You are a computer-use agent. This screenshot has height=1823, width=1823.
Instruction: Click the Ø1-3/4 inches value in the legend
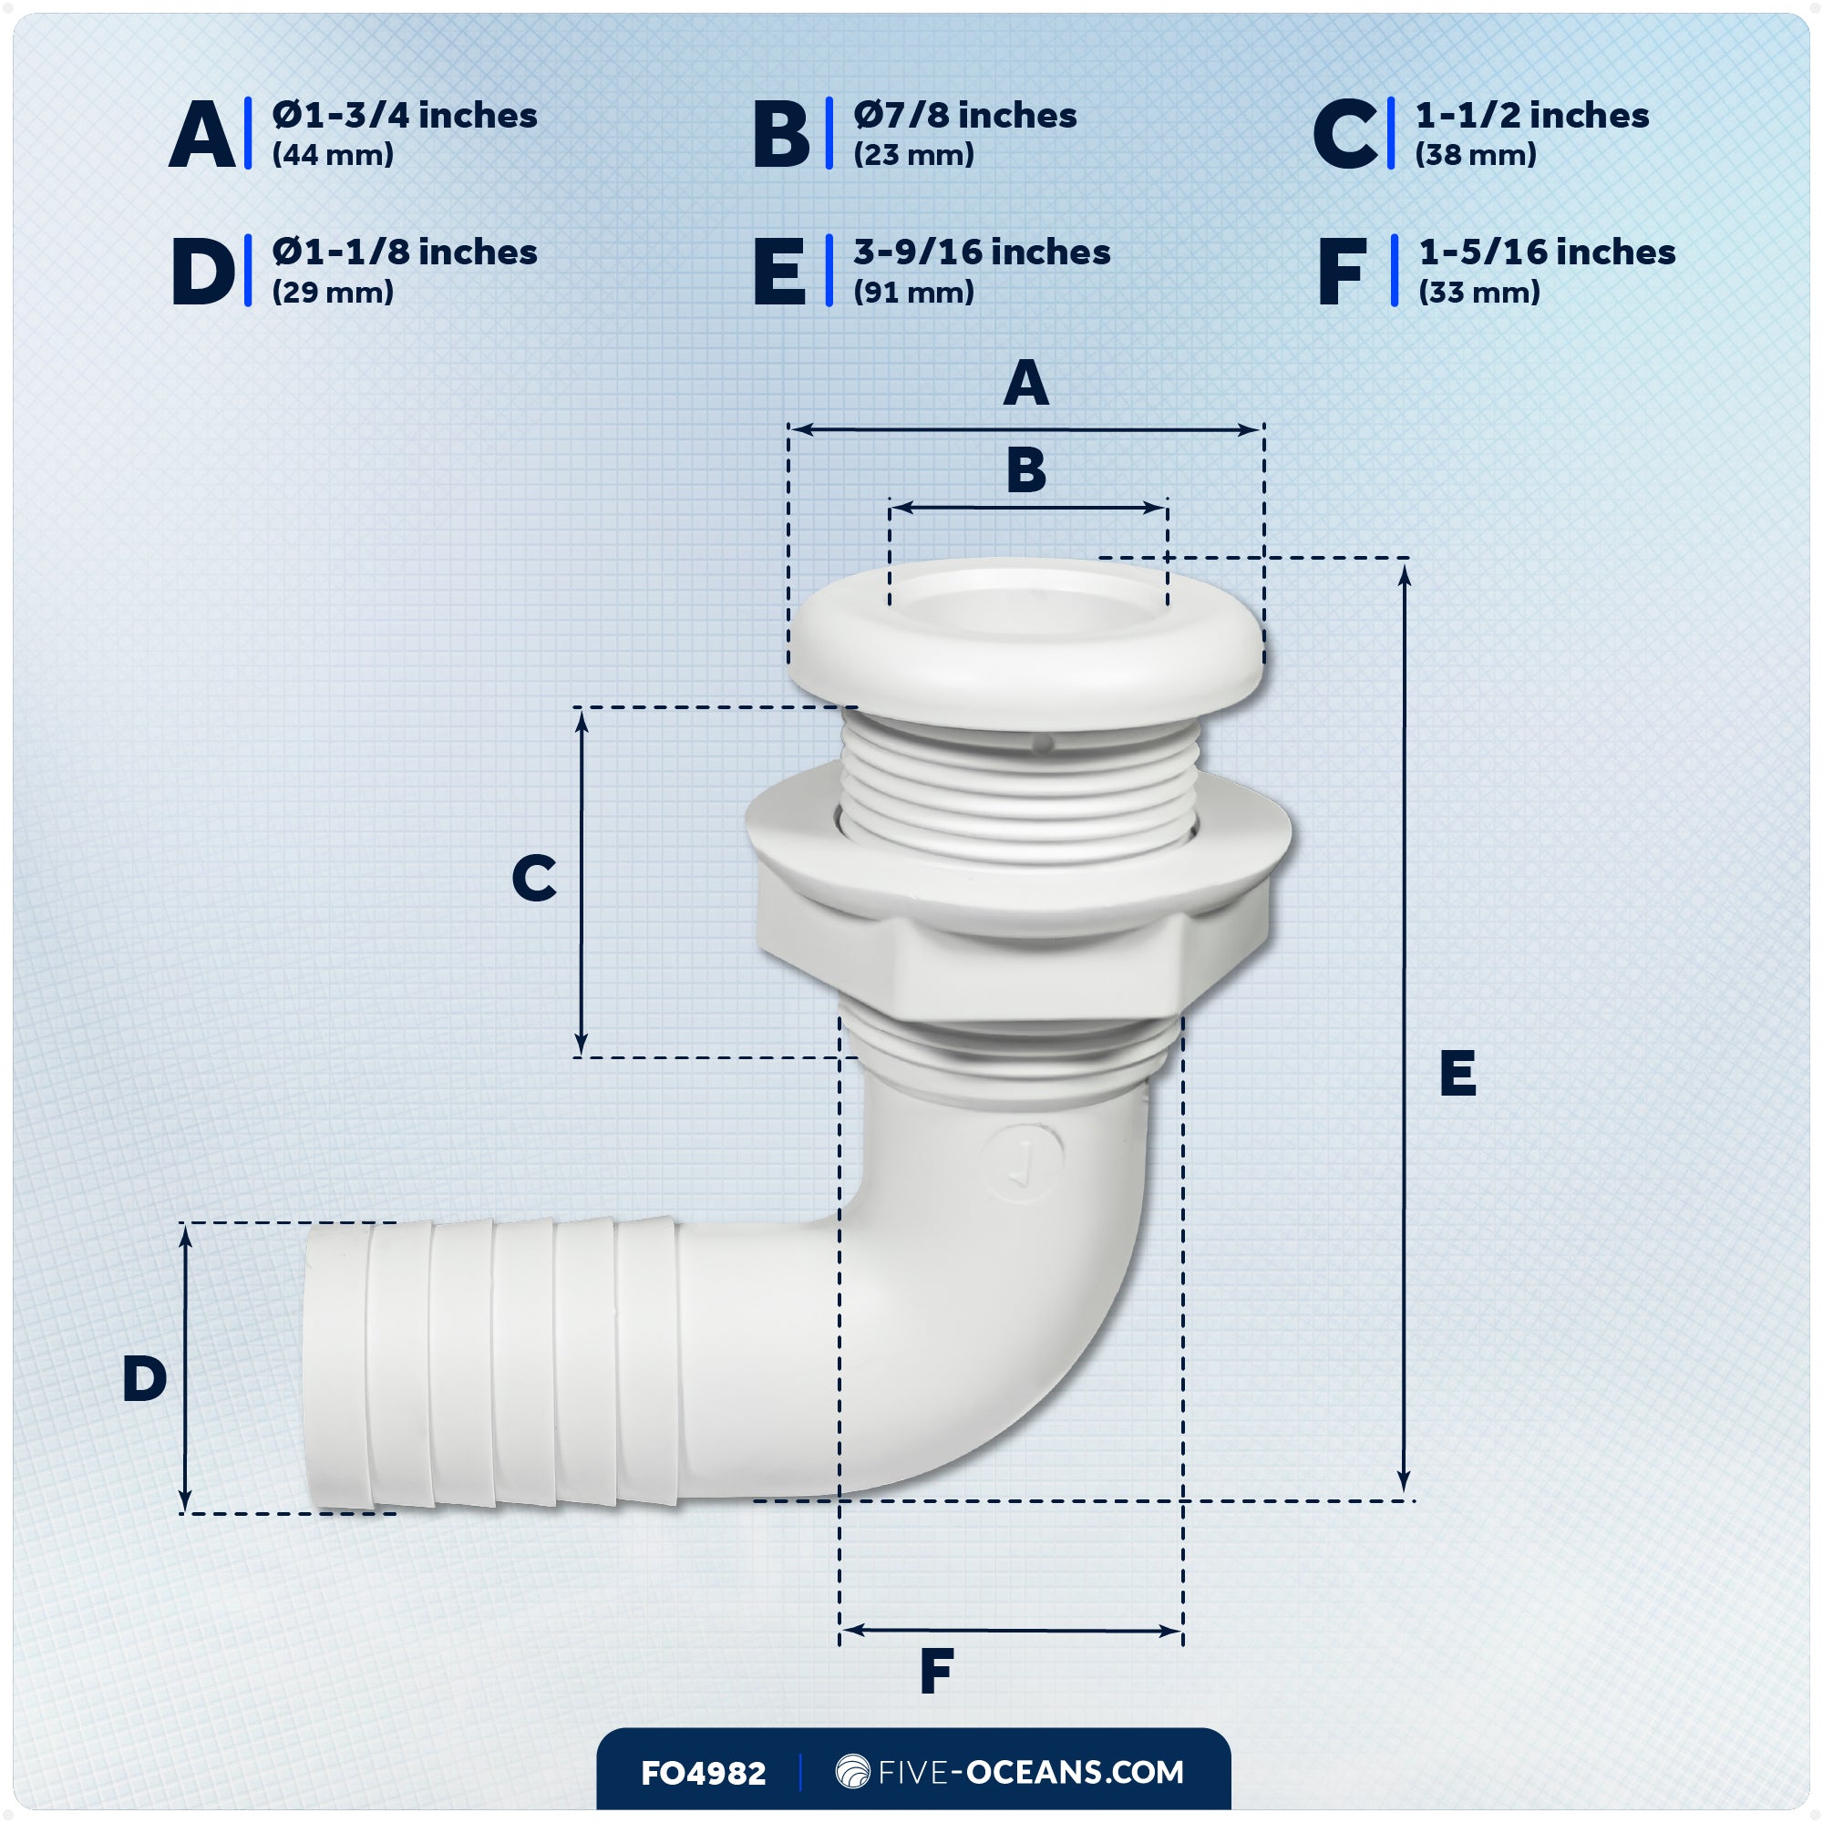tap(404, 115)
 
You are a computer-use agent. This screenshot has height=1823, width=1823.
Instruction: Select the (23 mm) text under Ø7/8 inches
tap(913, 155)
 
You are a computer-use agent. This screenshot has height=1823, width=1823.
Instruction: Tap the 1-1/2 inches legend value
tap(1531, 115)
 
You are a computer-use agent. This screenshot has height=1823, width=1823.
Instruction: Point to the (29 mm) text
tap(332, 292)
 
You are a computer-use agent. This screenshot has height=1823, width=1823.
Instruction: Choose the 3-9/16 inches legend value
tap(982, 252)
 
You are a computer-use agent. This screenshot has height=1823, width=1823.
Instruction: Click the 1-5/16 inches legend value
tap(1547, 252)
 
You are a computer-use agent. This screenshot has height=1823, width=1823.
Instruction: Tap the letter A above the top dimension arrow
tap(1025, 383)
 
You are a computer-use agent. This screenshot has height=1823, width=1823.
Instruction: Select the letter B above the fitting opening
tap(1025, 470)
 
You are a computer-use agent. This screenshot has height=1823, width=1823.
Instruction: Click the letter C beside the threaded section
tap(533, 879)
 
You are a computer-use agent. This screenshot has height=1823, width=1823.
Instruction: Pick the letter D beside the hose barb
tap(144, 1378)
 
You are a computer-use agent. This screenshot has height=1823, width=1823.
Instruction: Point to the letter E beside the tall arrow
tap(1457, 1073)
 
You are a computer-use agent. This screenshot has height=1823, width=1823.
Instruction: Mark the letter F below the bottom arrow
tap(936, 1671)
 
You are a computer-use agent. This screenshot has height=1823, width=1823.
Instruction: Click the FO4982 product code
tap(703, 1773)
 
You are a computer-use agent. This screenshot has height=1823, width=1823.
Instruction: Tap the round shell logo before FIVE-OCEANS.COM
tap(852, 1771)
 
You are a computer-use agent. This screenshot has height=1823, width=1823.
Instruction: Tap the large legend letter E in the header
tap(779, 272)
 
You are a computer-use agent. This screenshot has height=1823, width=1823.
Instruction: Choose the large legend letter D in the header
tap(202, 272)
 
